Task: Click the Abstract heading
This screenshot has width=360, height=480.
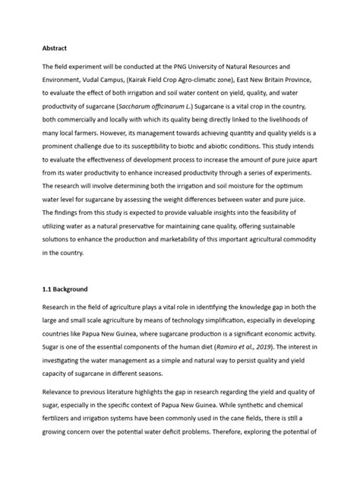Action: click(x=55, y=47)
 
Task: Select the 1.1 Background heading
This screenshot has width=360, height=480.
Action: click(x=66, y=289)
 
